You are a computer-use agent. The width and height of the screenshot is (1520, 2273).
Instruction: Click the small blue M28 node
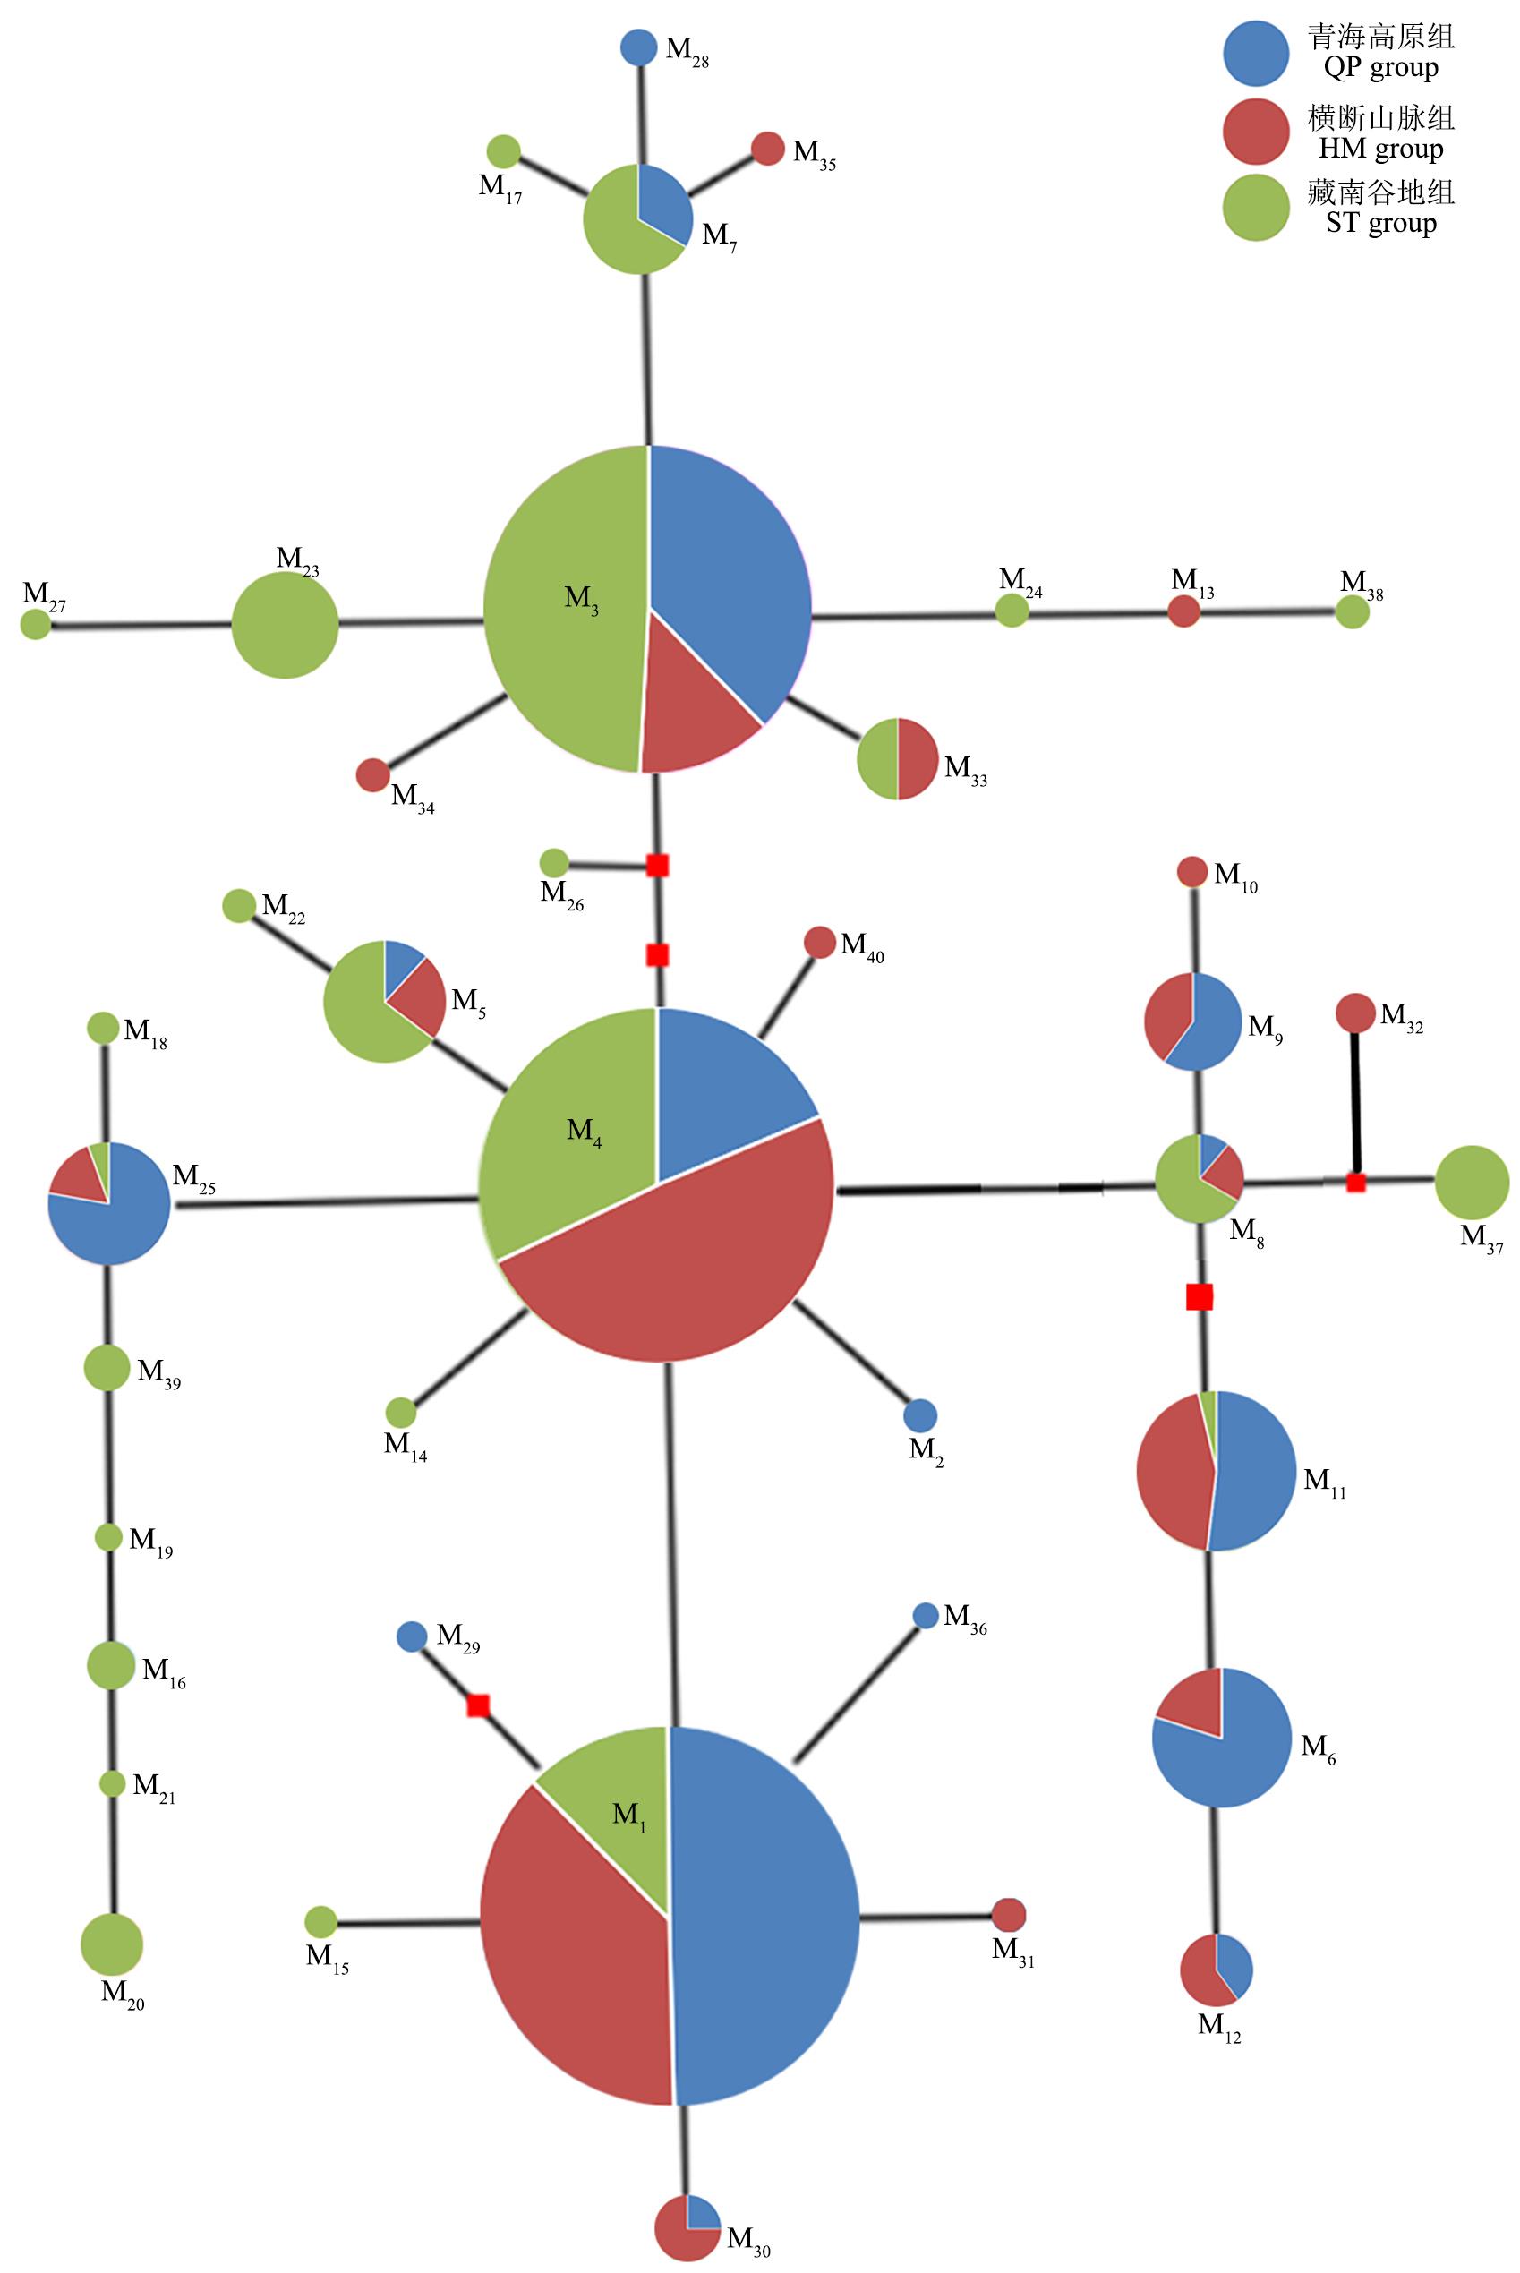click(638, 47)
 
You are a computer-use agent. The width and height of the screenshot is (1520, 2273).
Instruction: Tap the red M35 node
click(768, 149)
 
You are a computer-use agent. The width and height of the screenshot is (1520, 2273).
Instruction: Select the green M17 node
click(502, 151)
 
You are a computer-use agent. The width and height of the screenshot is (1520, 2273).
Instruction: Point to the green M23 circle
click(285, 625)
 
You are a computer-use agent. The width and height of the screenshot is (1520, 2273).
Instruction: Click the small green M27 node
click(36, 624)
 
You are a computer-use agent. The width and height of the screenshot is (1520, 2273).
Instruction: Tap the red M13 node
click(1183, 611)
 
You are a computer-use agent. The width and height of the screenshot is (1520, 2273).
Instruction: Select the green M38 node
click(1353, 611)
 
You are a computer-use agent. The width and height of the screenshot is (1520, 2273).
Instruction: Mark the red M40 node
click(819, 942)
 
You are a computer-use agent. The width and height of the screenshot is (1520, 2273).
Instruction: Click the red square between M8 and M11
click(1200, 1297)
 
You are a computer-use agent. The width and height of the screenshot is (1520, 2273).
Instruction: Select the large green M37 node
click(1472, 1183)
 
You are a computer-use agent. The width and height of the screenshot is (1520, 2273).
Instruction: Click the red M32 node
click(1355, 1013)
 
